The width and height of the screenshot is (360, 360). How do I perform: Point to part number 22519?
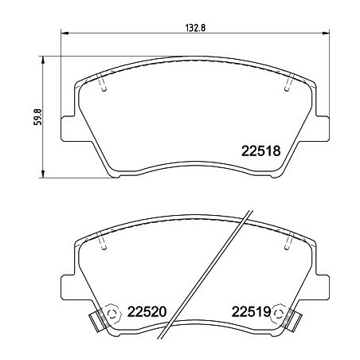point(253,311)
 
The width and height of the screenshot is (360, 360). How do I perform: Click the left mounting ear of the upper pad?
point(70,127)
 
